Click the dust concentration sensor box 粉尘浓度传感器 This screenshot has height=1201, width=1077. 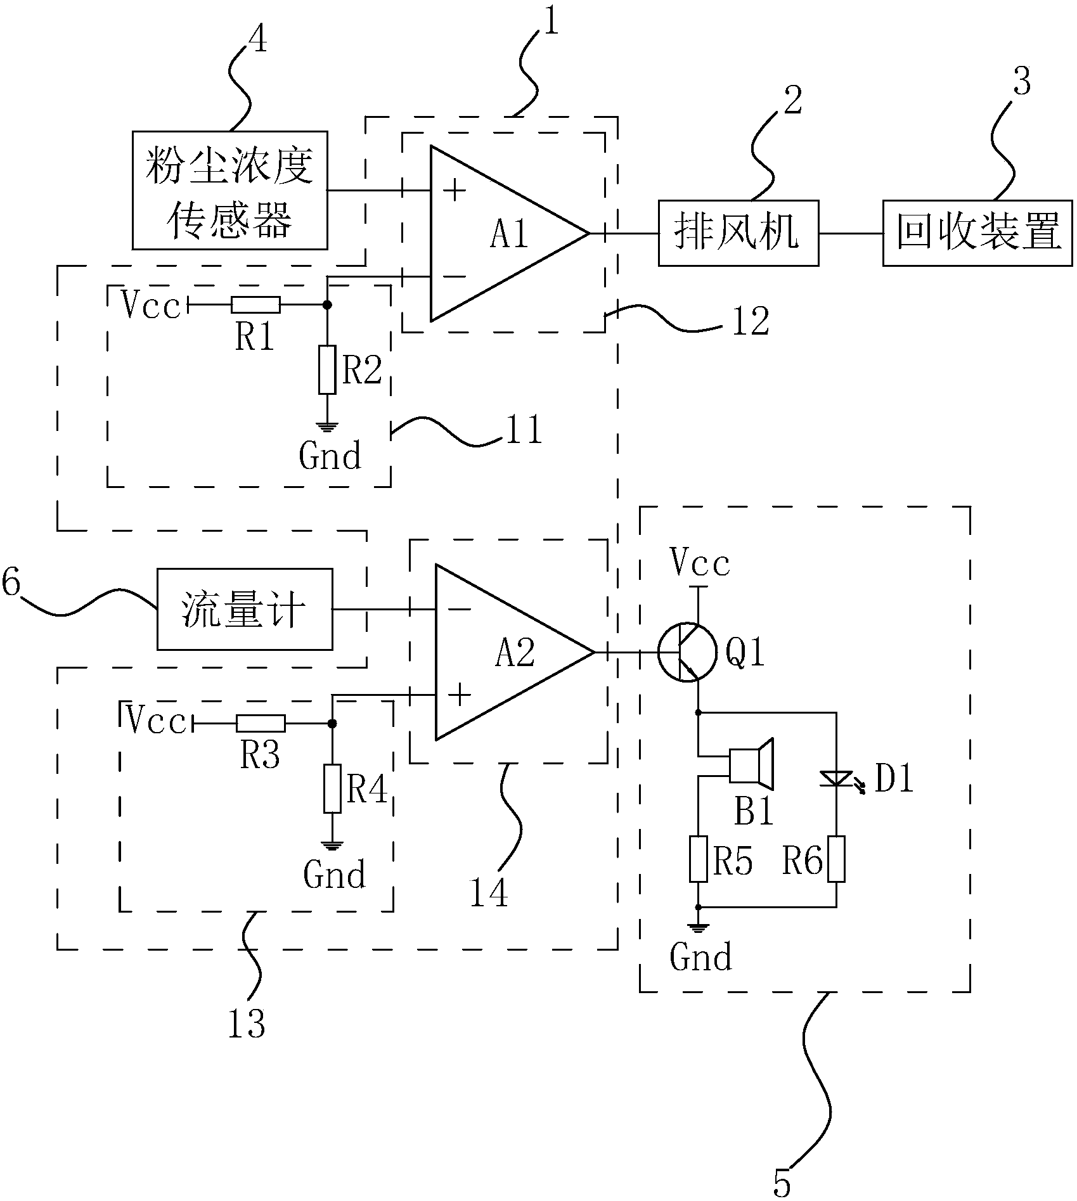(x=229, y=190)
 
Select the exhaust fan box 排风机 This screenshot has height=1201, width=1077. (x=738, y=233)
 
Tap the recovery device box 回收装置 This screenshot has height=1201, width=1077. (x=977, y=233)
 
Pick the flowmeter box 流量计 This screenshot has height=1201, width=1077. (x=244, y=609)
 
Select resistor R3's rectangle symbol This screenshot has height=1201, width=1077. (x=261, y=723)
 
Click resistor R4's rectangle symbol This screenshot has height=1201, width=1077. (x=332, y=788)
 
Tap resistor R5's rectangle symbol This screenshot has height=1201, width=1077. (x=698, y=859)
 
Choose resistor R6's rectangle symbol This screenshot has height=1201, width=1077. (x=836, y=859)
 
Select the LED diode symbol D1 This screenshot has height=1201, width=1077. (x=836, y=778)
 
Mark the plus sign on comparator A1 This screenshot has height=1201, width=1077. (x=455, y=190)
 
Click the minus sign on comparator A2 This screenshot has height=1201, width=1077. (x=459, y=610)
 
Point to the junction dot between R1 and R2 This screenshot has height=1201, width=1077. (x=327, y=305)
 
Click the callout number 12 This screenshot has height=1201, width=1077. (x=750, y=321)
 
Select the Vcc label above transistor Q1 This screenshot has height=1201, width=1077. (x=701, y=563)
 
